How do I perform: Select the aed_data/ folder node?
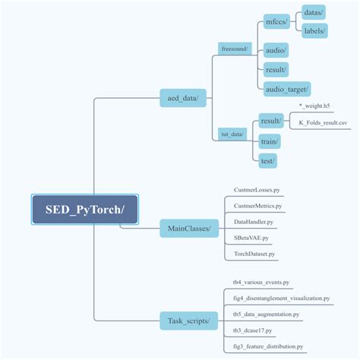point(182,98)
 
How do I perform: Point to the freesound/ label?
point(234,48)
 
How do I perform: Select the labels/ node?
point(314,31)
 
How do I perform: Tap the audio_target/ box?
point(287,89)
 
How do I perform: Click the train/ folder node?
point(269,141)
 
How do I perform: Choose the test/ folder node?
point(267,160)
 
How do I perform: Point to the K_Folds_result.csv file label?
point(323,122)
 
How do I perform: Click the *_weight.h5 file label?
point(314,106)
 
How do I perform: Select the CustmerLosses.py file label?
point(257,188)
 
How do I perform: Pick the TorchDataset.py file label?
point(254,254)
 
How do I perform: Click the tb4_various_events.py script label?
point(261,282)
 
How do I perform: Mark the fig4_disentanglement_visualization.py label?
point(280,298)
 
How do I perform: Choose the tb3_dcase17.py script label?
point(253,330)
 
